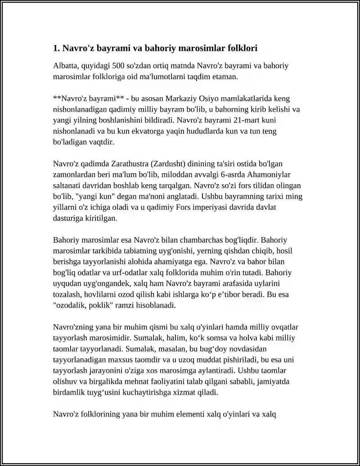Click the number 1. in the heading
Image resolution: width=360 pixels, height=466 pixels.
tap(56, 48)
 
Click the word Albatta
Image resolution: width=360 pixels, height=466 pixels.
tap(67, 66)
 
